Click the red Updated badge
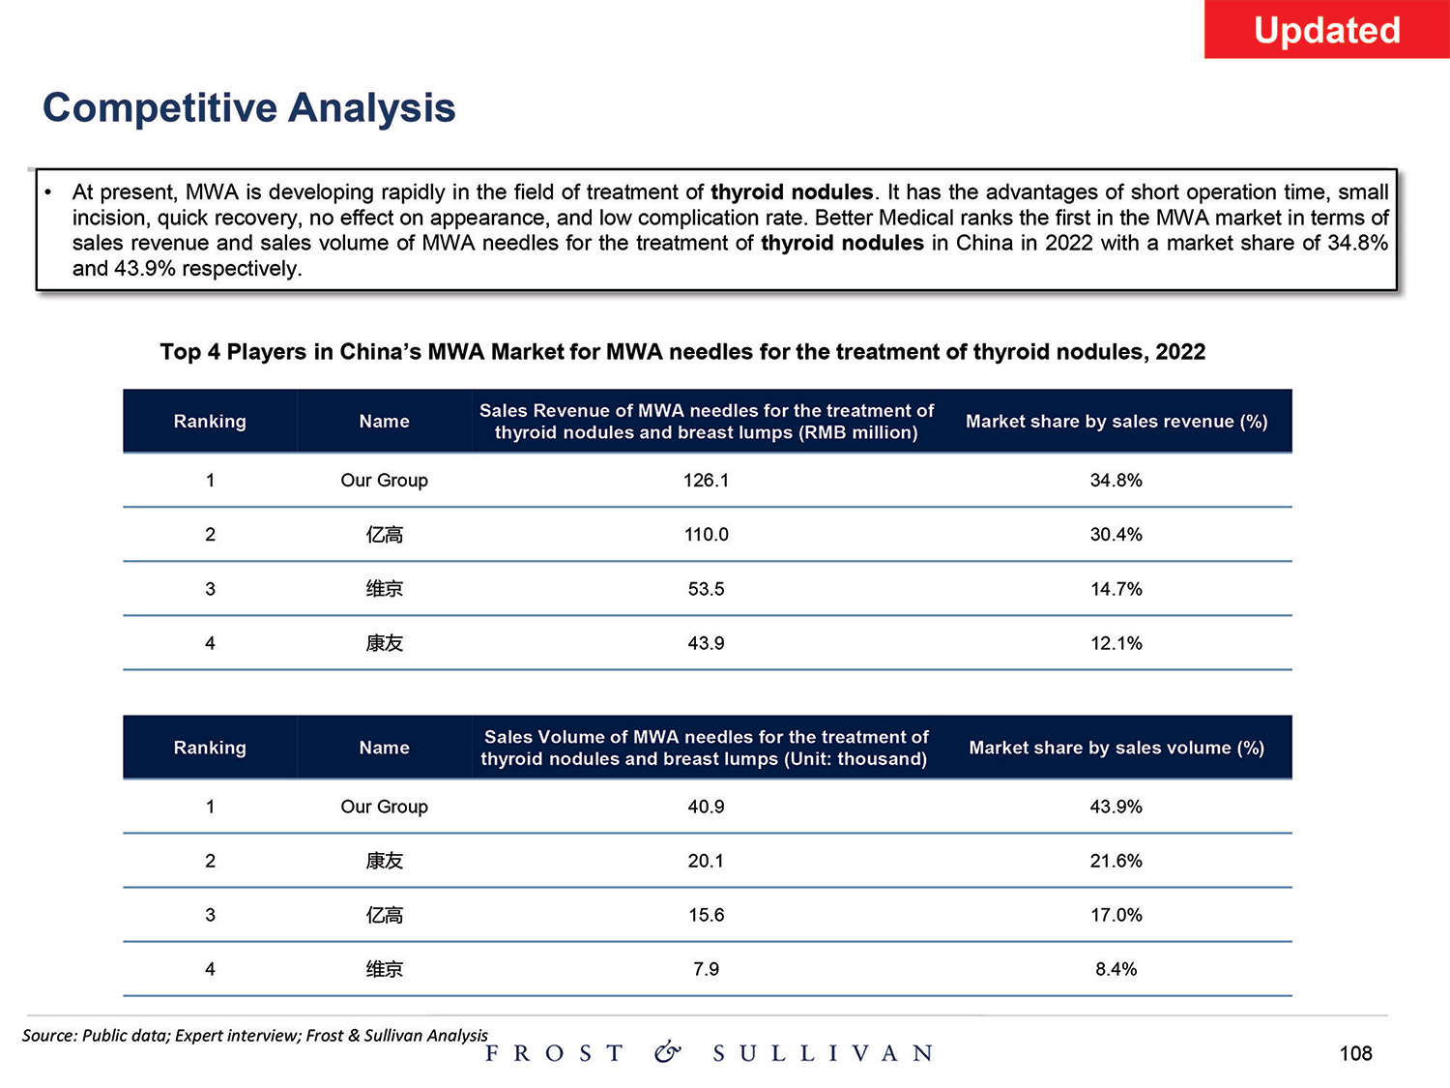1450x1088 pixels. coord(1326,30)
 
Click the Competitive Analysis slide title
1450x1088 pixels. coord(249,107)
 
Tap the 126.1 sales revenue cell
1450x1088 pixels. coord(706,481)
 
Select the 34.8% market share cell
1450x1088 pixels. coord(1116,481)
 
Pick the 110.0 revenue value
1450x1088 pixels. coord(706,535)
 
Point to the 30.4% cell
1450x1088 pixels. coord(1116,535)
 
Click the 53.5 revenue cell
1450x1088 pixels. coord(706,589)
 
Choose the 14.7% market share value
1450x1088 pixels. coord(1116,589)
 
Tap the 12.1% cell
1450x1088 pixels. coord(1116,643)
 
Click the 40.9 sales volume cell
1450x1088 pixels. coord(706,807)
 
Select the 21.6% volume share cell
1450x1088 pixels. coord(1116,861)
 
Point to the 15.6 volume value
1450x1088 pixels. coord(706,915)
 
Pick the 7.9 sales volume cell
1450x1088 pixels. coord(706,969)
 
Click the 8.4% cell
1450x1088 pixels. coord(1116,969)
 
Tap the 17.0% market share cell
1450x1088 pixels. coord(1116,915)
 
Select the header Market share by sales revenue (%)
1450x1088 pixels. coord(1116,422)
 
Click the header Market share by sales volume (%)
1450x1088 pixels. coord(1116,748)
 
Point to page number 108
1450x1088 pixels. coord(1355,1053)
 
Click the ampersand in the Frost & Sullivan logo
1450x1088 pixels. coord(667,1052)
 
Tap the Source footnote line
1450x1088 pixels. coord(255,1036)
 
